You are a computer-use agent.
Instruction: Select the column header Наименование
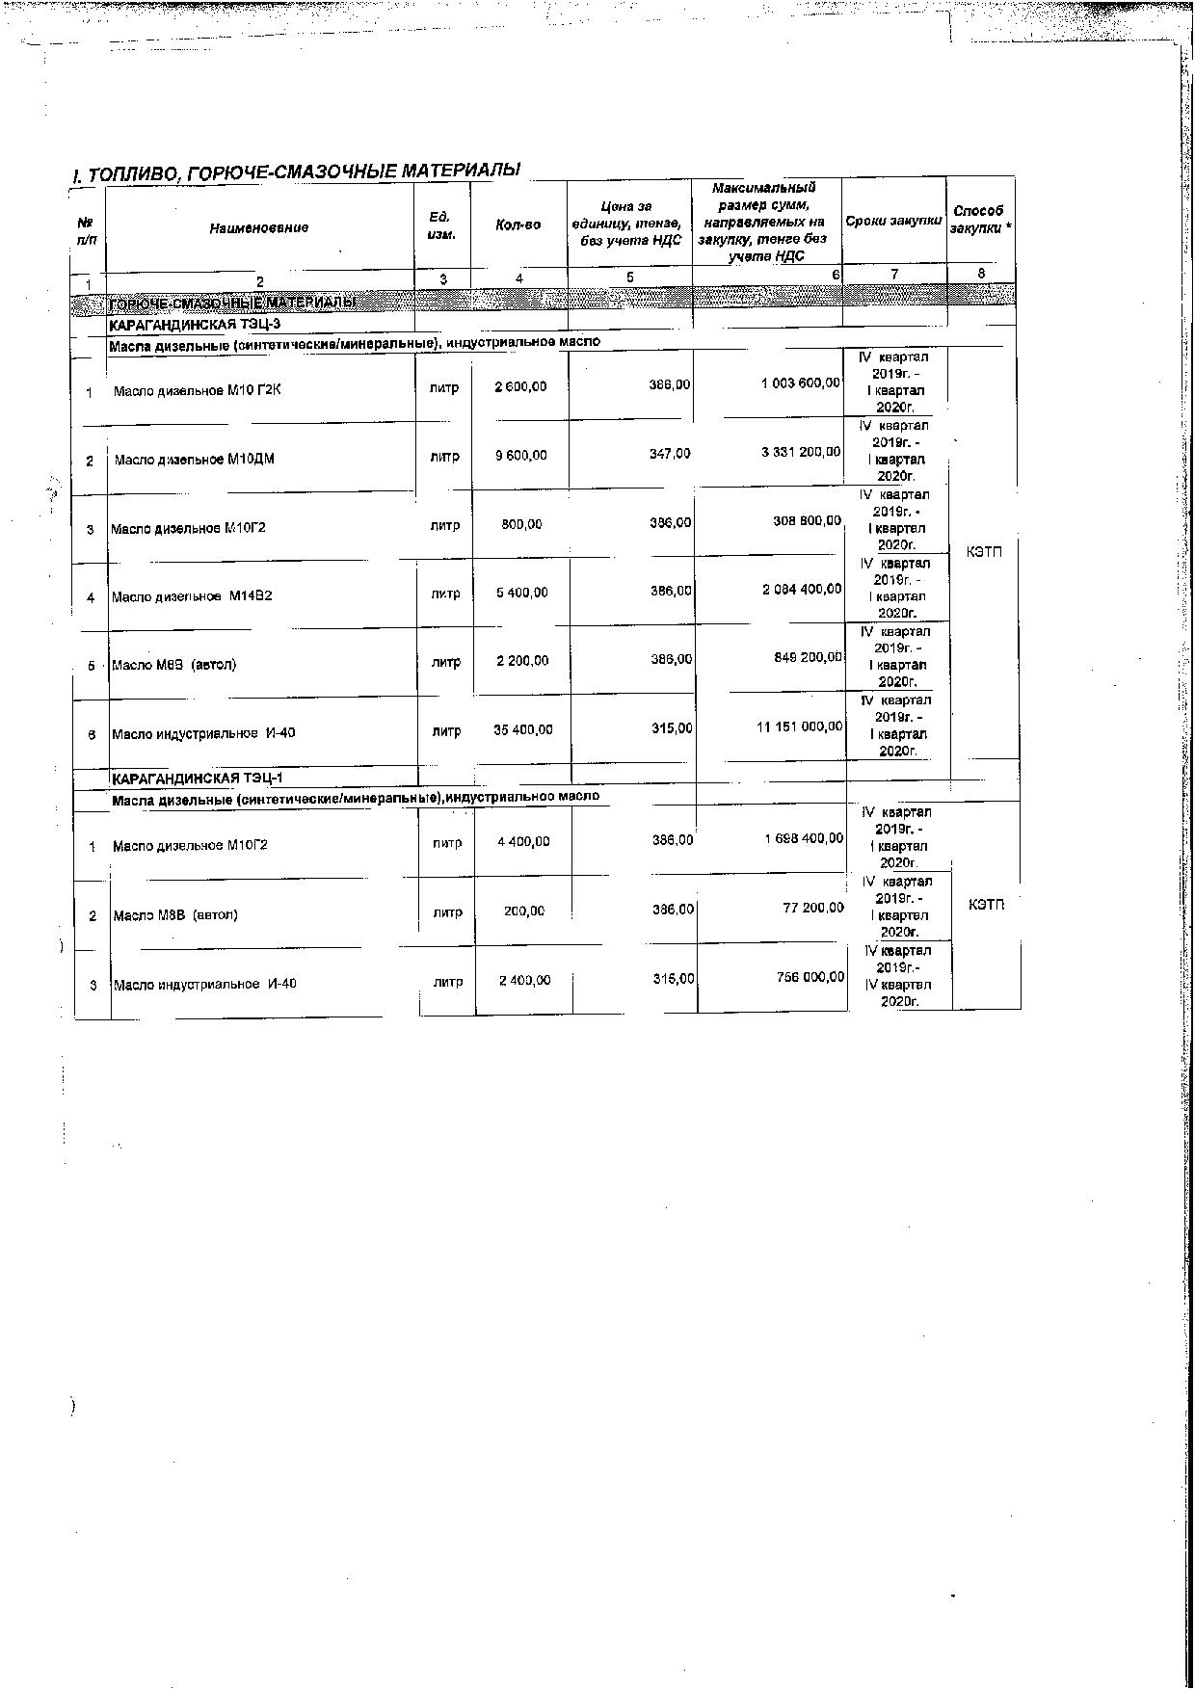point(258,227)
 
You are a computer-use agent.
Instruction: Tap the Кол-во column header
point(518,224)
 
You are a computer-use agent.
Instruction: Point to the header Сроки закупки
point(893,221)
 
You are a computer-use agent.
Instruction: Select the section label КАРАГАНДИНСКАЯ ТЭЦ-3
point(196,324)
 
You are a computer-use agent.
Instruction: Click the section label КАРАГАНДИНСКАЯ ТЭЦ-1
point(197,778)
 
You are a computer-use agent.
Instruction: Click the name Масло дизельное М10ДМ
point(195,460)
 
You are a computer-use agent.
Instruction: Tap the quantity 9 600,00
point(520,455)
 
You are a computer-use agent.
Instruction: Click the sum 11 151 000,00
point(799,726)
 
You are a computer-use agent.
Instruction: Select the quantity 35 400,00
point(523,729)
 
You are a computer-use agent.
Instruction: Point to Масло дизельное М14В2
point(192,596)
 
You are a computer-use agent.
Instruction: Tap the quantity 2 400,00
point(524,980)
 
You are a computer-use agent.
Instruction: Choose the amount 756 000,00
point(810,977)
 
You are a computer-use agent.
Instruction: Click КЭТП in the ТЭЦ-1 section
point(985,905)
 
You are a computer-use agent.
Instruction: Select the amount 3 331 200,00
point(801,452)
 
